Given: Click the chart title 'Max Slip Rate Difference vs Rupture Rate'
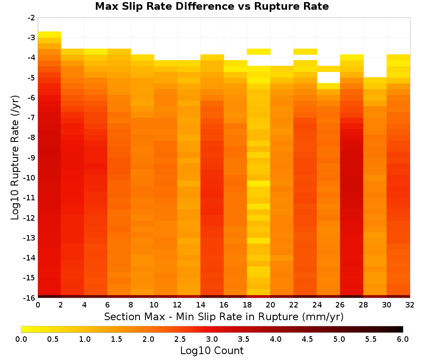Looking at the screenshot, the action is [x=212, y=6].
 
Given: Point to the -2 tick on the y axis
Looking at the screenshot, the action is [x=31, y=18].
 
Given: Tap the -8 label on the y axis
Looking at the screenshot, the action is [x=31, y=138].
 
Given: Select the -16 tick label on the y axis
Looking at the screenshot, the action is [x=30, y=298].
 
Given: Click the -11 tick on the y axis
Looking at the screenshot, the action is [x=30, y=198].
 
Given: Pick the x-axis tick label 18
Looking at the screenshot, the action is [x=247, y=305].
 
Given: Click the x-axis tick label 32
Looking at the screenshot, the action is [x=410, y=305].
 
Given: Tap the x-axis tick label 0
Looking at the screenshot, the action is [x=38, y=305].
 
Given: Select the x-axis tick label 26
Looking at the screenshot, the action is [x=340, y=305].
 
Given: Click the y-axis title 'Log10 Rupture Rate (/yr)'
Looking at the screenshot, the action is [x=15, y=158].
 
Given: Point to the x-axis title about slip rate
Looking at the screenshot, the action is [x=224, y=317].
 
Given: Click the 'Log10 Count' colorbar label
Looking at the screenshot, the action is [x=212, y=351].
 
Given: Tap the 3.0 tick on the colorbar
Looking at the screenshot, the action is [x=212, y=339].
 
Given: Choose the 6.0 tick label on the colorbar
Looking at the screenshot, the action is [x=403, y=339].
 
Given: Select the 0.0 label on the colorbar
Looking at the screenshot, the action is [x=21, y=339].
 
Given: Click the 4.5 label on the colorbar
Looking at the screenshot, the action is [x=307, y=339].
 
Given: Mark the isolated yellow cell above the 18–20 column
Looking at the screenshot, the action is [x=259, y=52].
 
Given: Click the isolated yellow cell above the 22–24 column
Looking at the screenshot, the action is [x=305, y=52].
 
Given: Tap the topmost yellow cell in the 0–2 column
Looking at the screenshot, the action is [x=50, y=34].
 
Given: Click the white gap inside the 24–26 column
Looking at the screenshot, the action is [x=328, y=77].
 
